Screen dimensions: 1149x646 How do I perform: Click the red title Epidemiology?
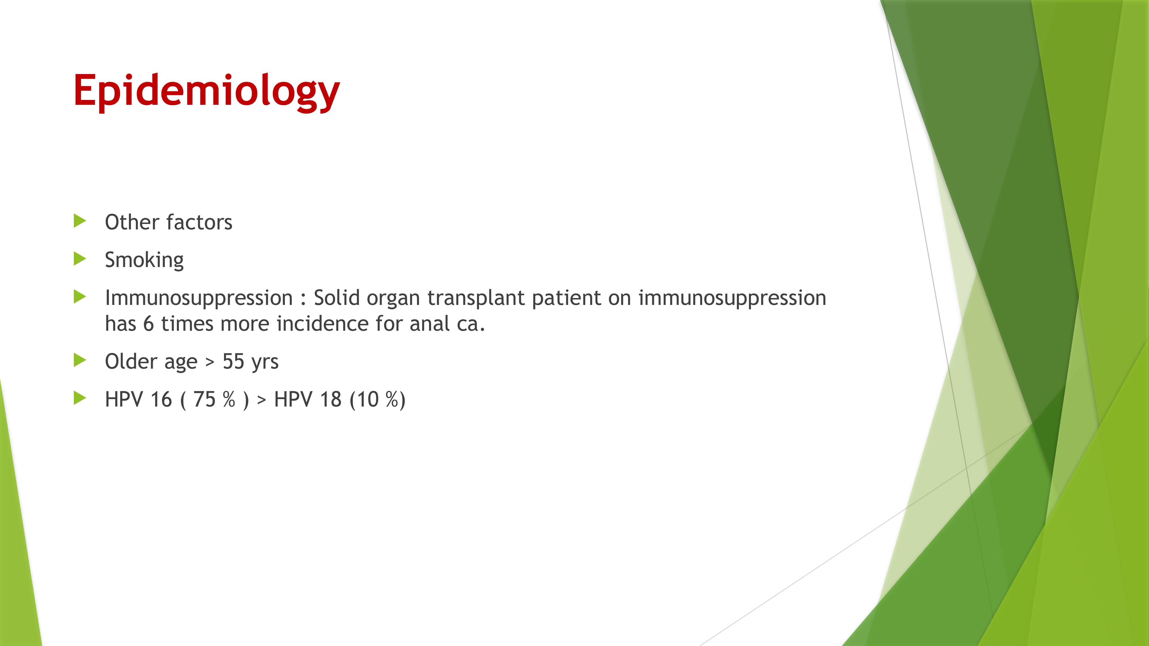pos(206,91)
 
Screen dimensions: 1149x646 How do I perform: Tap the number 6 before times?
pos(148,323)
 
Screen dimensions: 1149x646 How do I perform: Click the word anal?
pos(430,323)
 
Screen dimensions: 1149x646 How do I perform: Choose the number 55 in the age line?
pos(233,361)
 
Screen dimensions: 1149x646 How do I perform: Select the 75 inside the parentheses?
pos(204,399)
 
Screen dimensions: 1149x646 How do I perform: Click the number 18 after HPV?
pos(331,399)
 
